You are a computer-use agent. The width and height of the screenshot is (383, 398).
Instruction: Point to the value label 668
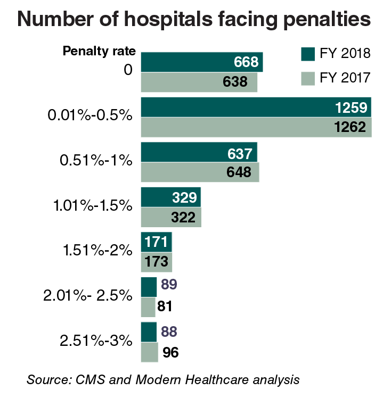click(246, 62)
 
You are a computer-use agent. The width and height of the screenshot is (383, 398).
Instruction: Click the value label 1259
click(351, 107)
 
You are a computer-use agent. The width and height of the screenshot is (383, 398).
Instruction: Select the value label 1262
click(351, 127)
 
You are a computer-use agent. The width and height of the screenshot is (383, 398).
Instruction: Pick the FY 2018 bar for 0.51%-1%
click(198, 153)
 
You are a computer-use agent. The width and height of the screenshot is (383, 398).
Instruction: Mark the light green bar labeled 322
click(170, 217)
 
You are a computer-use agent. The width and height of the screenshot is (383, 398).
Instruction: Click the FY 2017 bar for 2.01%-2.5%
click(148, 307)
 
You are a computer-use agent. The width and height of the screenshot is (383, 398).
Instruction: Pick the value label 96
click(170, 352)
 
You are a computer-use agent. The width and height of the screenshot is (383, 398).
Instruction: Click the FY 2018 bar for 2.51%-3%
click(149, 331)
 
